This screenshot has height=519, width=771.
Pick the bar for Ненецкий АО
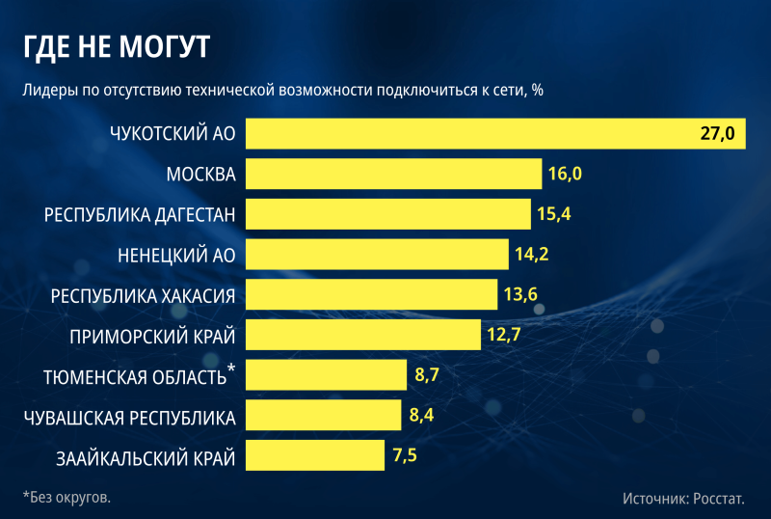click(377, 255)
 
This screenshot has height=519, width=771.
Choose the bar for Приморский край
click(362, 335)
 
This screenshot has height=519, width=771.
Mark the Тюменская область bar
click(326, 375)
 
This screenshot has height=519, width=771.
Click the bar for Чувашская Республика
click(323, 415)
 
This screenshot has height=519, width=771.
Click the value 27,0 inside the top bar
click(717, 133)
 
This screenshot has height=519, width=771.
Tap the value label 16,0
click(566, 174)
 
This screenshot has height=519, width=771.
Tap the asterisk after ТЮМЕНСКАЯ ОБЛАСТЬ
click(231, 369)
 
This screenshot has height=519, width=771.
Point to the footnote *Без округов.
click(66, 497)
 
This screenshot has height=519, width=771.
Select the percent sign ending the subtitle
click(538, 90)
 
